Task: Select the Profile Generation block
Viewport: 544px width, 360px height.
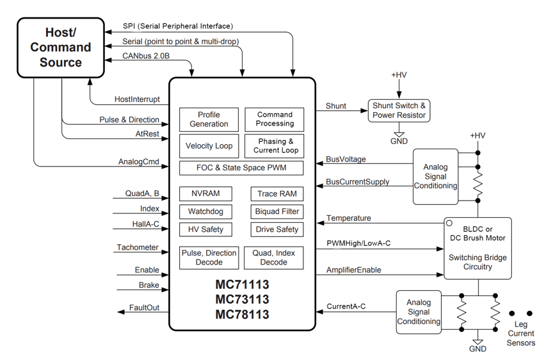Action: [209, 119]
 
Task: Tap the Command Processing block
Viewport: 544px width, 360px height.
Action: [275, 119]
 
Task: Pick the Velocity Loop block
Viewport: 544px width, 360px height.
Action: [209, 146]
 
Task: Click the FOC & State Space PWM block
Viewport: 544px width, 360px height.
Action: [241, 168]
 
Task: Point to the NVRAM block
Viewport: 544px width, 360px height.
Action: [205, 193]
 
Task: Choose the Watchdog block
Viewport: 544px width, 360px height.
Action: [205, 211]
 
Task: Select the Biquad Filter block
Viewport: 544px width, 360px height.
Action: [277, 211]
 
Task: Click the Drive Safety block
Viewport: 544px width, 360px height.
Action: [277, 229]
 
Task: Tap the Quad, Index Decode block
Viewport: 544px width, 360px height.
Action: [274, 258]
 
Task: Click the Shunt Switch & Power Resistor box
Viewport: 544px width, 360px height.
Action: [398, 110]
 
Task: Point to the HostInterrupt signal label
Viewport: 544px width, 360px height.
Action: [137, 100]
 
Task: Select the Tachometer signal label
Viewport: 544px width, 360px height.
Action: [138, 247]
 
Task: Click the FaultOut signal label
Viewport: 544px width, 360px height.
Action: [144, 307]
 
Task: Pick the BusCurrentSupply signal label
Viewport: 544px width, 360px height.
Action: [358, 182]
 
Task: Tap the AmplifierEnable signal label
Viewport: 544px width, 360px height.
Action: [354, 270]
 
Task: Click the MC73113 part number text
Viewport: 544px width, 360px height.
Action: [242, 299]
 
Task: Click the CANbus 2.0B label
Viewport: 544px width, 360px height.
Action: [146, 56]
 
